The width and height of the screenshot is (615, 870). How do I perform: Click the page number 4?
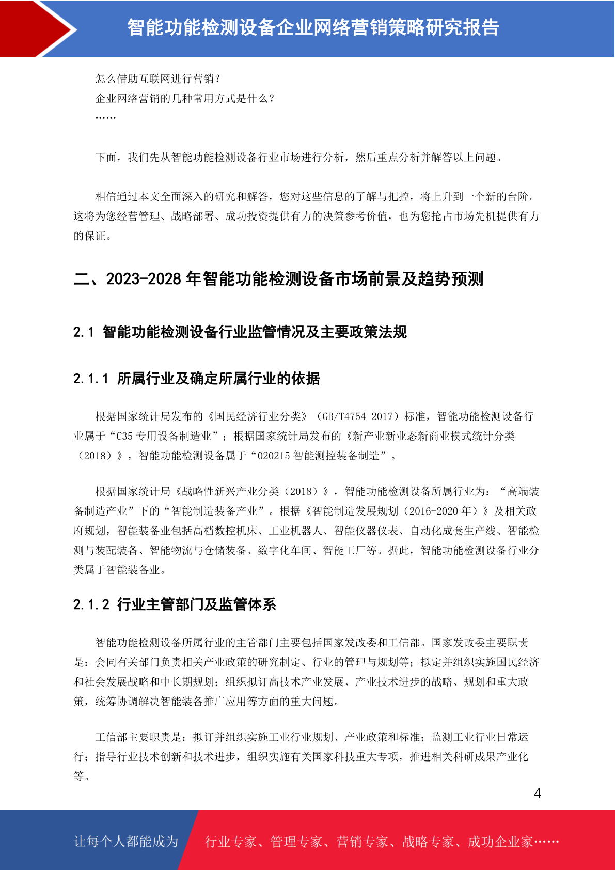tap(537, 794)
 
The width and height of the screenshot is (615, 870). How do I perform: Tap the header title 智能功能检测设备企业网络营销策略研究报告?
tap(313, 28)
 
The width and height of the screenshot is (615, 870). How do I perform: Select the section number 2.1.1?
tap(91, 379)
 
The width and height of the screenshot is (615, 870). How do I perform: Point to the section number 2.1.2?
tap(91, 604)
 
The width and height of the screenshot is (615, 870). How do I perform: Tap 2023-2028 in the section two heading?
tap(144, 279)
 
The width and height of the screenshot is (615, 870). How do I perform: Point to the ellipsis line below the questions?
tap(105, 117)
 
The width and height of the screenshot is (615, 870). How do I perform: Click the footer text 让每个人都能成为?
tap(126, 842)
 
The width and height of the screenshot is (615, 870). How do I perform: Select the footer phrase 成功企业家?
tap(500, 842)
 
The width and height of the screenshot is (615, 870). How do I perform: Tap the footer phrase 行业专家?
tap(231, 842)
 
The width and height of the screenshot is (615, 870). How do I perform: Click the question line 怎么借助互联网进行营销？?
tap(159, 79)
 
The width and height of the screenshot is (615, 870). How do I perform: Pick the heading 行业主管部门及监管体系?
tap(197, 604)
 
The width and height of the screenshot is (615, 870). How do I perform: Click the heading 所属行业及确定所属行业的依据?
tap(218, 379)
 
